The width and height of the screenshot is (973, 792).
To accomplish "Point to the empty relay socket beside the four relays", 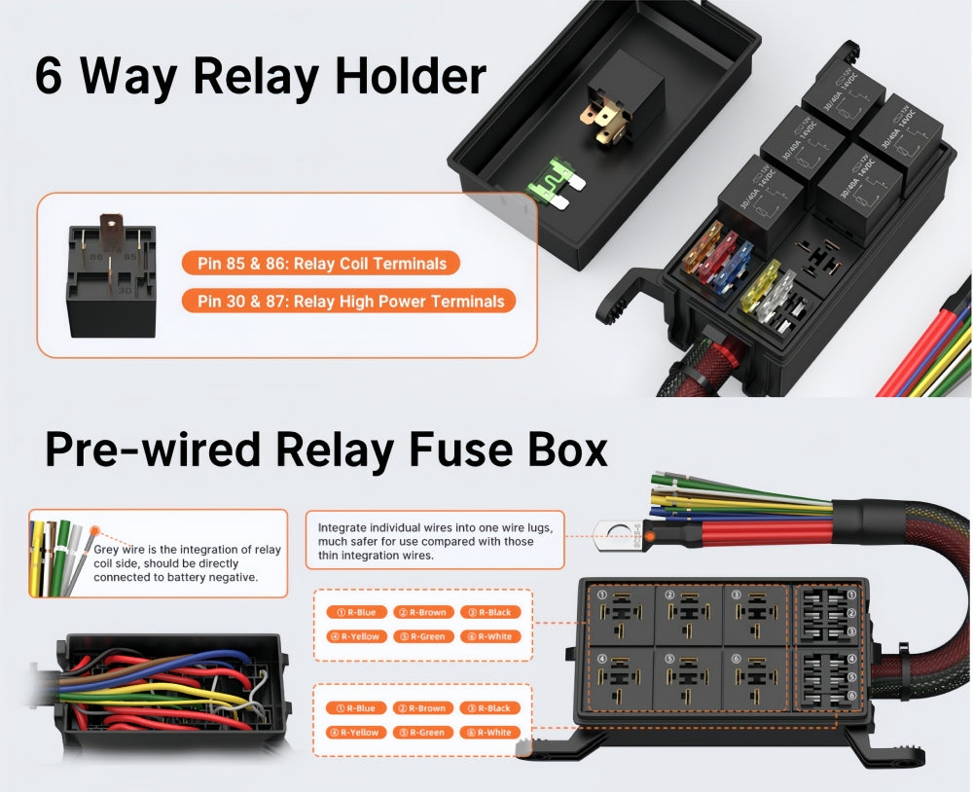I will (818, 257).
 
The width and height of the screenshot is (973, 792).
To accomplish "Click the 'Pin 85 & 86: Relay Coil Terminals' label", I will (320, 263).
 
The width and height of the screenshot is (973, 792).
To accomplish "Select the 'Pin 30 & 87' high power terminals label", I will (348, 301).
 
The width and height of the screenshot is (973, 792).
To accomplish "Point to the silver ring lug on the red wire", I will (611, 531).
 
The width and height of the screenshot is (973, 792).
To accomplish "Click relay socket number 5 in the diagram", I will (689, 679).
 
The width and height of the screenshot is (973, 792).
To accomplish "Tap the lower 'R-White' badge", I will (489, 733).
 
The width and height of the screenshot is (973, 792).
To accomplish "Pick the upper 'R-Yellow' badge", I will (353, 636).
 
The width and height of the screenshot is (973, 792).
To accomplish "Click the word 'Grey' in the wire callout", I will (107, 550).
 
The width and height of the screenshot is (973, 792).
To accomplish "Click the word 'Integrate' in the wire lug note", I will (342, 527).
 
